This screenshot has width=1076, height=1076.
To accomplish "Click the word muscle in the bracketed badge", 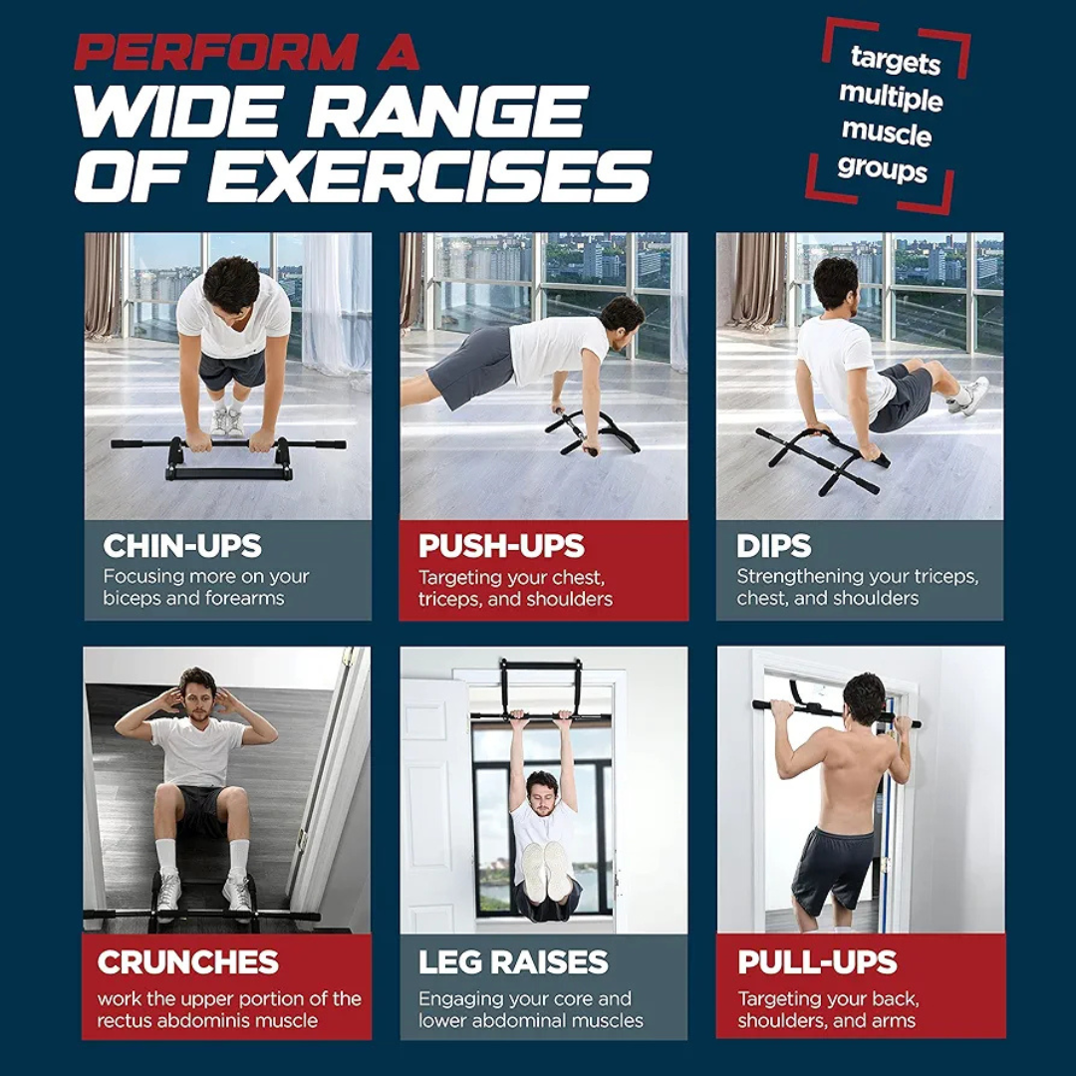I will click(x=886, y=133).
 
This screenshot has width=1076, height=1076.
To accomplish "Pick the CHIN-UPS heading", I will click(x=182, y=546).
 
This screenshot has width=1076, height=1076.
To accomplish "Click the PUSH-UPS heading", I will click(x=501, y=546).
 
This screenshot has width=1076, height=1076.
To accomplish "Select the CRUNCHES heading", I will click(x=188, y=962).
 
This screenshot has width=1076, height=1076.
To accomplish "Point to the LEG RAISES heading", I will click(x=513, y=962).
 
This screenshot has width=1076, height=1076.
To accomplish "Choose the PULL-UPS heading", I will click(x=817, y=962).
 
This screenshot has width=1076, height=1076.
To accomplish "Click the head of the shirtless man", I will click(x=864, y=697).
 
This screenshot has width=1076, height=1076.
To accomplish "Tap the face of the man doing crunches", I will click(x=197, y=701).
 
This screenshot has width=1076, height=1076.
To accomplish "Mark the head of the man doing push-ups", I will click(x=624, y=315).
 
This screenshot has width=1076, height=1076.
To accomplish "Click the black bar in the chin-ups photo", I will click(x=228, y=445).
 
